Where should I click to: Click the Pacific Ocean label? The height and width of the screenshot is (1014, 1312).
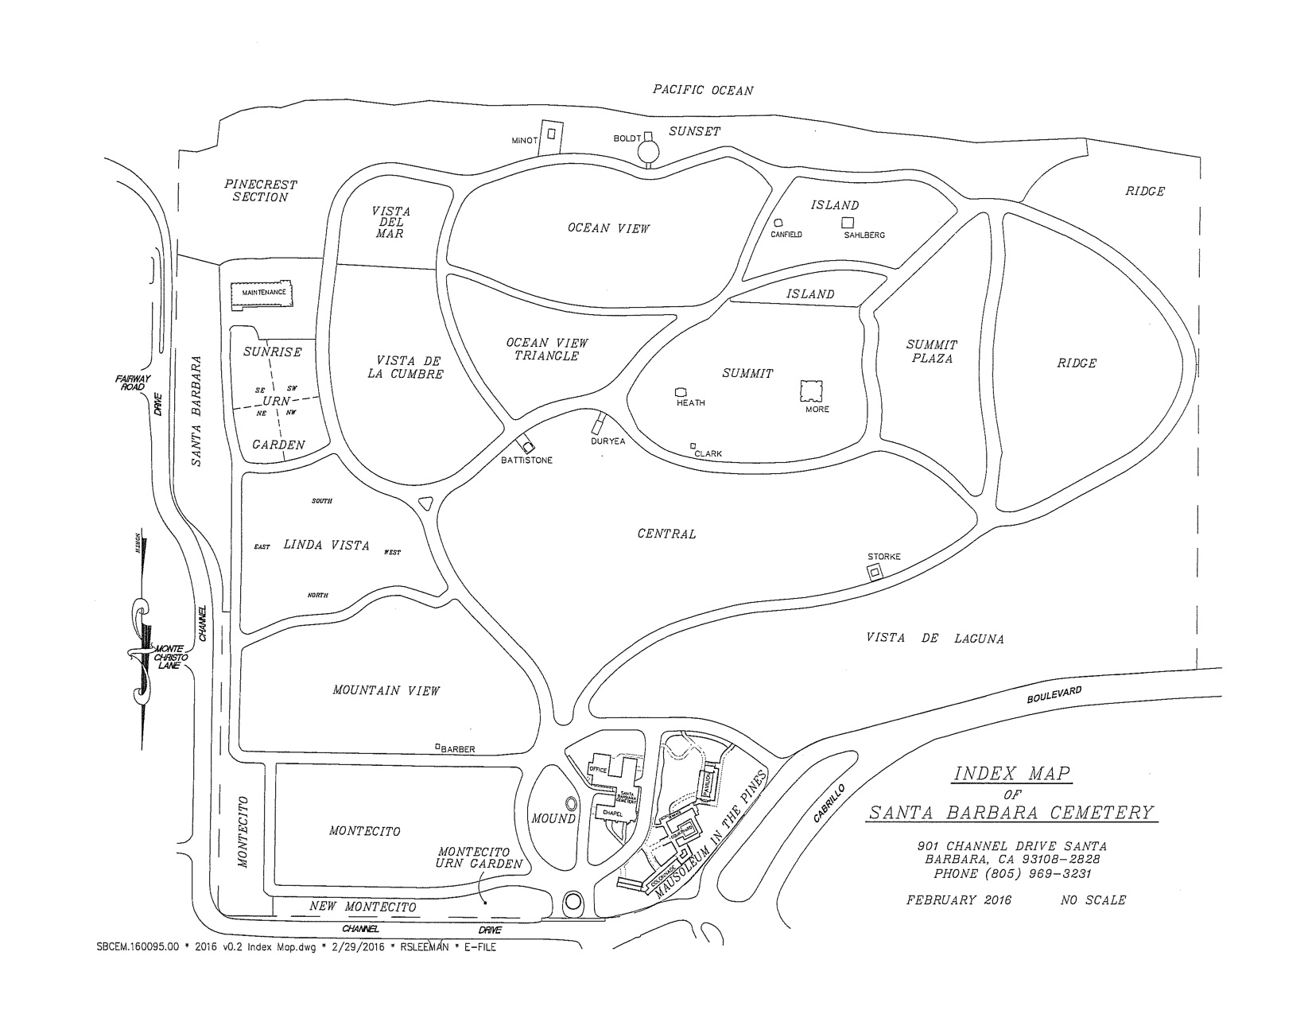pos(702,90)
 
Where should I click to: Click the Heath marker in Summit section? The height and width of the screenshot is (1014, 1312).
pos(680,391)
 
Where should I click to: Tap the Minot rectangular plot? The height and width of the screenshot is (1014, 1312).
pos(550,136)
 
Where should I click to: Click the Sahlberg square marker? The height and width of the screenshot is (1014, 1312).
pos(848,222)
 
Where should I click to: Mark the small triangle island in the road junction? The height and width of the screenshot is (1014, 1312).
pos(425,503)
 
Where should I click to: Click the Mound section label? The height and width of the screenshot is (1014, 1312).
pos(553,818)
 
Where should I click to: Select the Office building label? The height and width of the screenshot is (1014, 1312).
pos(598,770)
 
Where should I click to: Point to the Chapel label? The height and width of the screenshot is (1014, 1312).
pos(611,813)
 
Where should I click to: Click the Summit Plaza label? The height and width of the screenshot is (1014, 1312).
pos(932,352)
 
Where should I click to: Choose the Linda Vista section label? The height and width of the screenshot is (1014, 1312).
pos(326,546)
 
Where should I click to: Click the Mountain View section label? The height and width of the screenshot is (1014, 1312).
pos(386,691)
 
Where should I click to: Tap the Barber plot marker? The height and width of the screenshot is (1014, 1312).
pos(437,746)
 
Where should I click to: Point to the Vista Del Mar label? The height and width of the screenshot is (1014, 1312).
pos(391,223)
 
